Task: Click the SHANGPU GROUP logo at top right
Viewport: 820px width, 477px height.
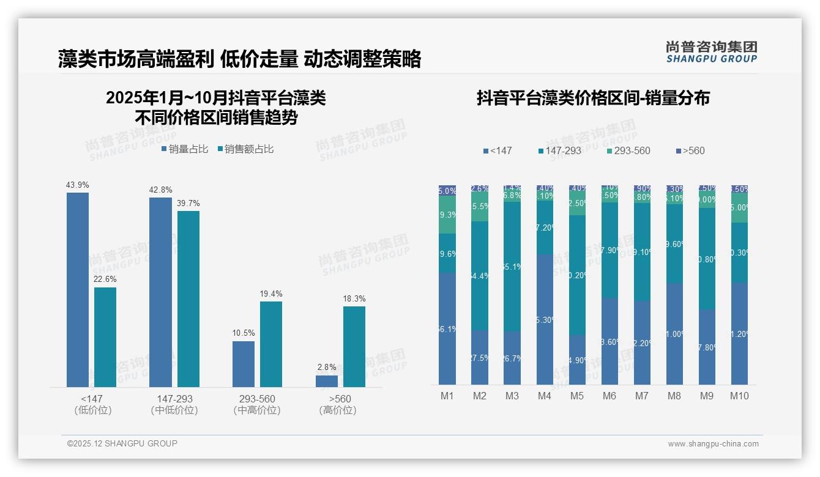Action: [x=712, y=52]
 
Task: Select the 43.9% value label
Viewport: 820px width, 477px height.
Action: [x=78, y=185]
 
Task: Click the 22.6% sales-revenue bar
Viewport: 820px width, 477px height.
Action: [x=105, y=337]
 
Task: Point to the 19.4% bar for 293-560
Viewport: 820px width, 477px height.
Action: [x=271, y=344]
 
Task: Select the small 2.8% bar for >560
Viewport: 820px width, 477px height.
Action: [x=327, y=381]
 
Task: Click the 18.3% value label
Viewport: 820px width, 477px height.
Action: [x=354, y=298]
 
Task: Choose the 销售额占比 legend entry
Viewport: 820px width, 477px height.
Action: [x=245, y=149]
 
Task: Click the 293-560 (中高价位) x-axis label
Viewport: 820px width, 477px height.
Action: [x=257, y=404]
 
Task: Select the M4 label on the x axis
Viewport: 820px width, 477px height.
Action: [x=545, y=396]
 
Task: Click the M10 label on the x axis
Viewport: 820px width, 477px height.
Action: [x=739, y=396]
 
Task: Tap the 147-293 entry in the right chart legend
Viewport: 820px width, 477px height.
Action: [x=559, y=150]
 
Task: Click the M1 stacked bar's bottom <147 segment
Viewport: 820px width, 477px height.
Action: [x=447, y=328]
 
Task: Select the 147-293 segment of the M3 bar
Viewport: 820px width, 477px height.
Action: [x=512, y=267]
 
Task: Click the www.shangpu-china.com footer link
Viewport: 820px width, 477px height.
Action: [x=713, y=444]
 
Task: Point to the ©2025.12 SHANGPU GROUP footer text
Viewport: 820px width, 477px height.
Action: [x=122, y=443]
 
